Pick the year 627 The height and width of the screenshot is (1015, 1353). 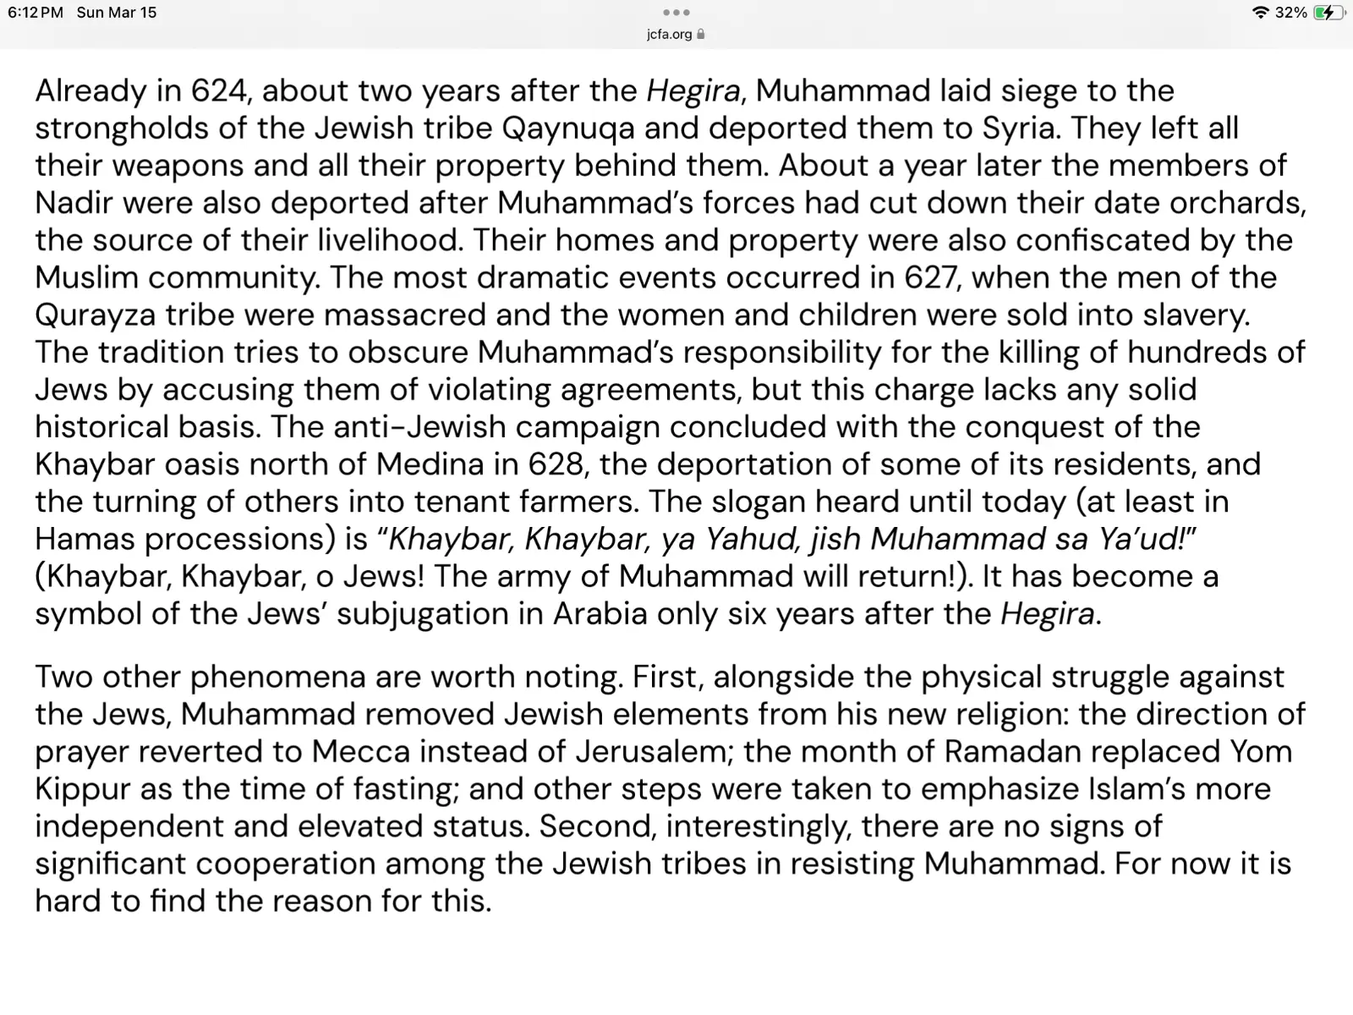(x=932, y=277)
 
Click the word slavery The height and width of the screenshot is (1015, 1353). (x=1196, y=315)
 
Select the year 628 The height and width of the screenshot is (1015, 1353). (x=556, y=464)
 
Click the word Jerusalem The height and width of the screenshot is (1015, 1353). (x=655, y=751)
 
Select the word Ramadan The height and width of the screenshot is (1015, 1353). (x=1010, y=751)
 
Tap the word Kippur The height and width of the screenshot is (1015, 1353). (x=82, y=789)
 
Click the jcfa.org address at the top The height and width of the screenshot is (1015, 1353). (x=669, y=35)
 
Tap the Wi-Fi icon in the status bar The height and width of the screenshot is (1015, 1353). (x=1260, y=13)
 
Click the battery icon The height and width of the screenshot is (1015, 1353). (x=1328, y=13)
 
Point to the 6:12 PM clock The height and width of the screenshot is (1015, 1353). (x=36, y=13)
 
